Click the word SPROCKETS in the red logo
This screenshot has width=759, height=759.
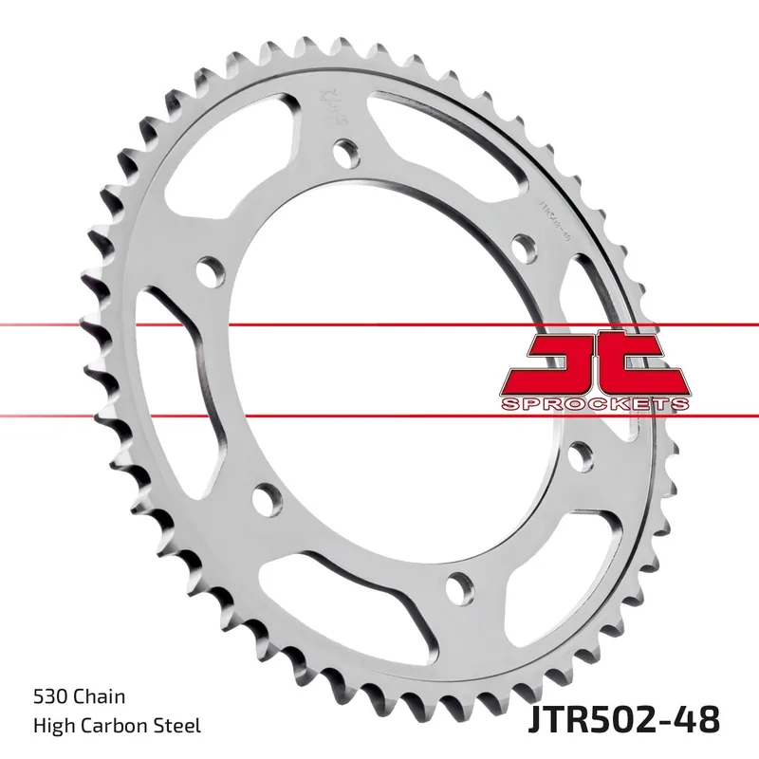coord(593,405)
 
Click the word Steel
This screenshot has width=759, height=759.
coord(179,727)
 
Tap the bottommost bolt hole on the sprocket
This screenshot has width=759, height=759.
coord(458,583)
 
